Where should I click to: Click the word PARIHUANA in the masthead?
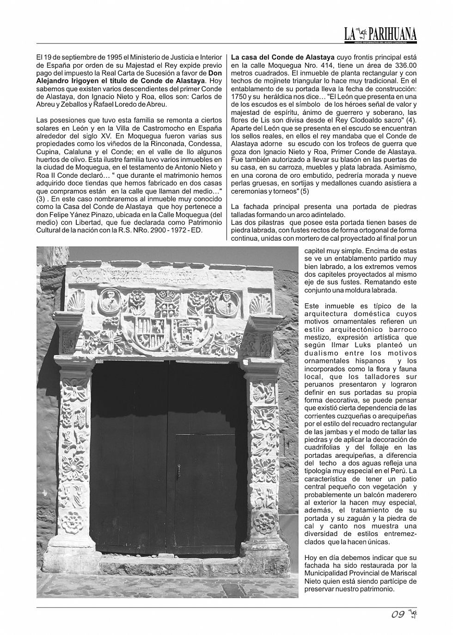coord(393,34)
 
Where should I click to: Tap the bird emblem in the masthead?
coord(361,33)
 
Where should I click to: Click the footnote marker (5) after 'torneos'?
coord(305,191)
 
